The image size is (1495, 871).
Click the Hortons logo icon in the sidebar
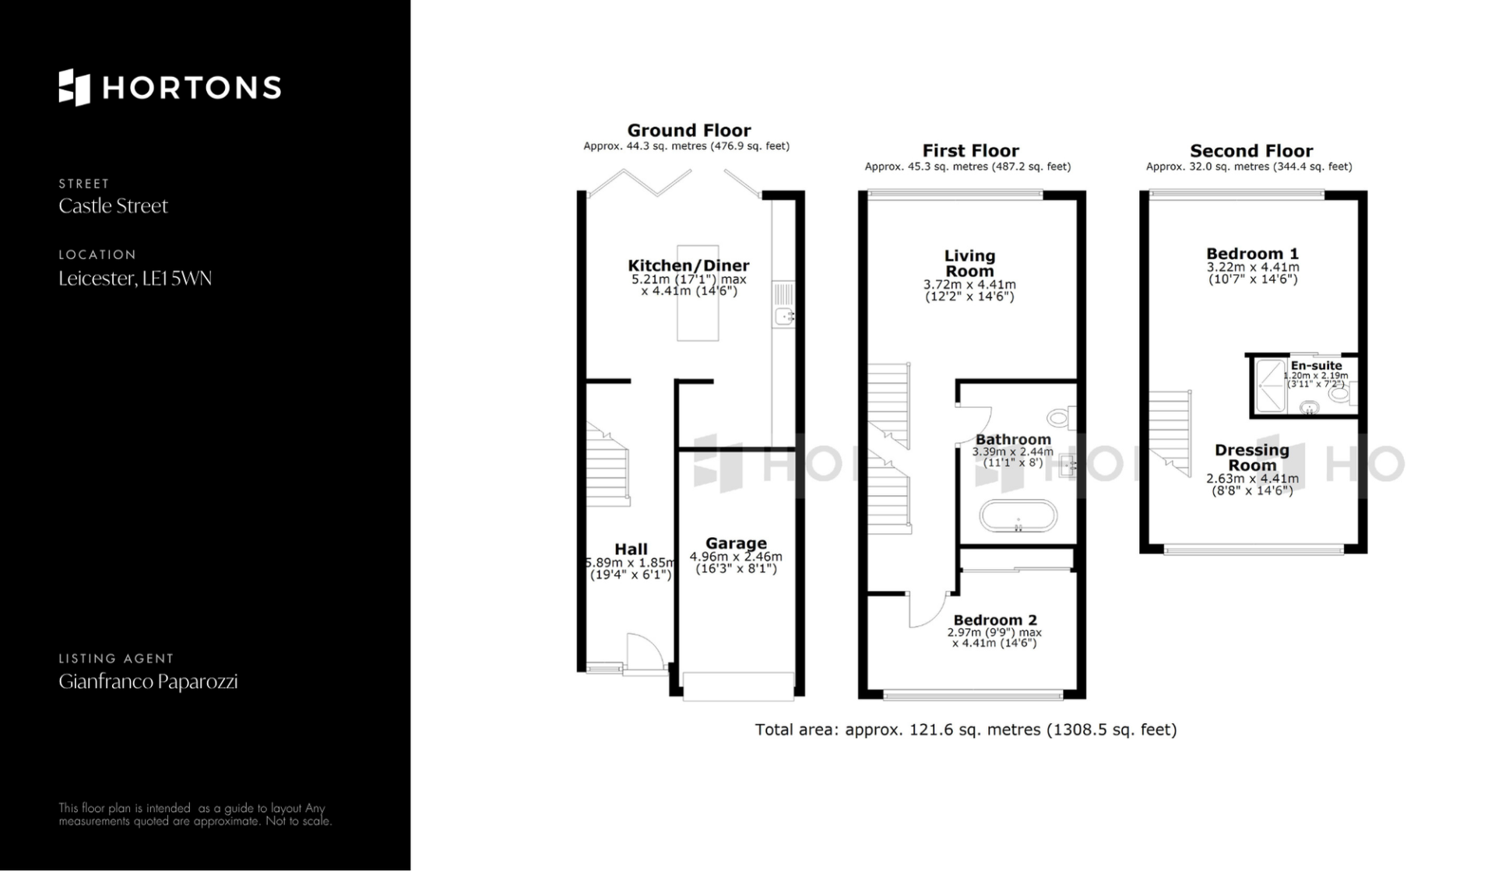[75, 87]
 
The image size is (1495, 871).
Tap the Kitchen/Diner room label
[688, 265]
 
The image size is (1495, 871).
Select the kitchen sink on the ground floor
[783, 304]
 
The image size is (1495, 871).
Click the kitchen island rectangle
[698, 293]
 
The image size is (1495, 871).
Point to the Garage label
[736, 543]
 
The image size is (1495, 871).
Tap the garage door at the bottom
[738, 686]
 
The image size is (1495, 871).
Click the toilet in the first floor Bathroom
[1061, 418]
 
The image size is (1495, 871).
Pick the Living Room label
[969, 263]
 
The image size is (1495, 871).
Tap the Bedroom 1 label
[1252, 254]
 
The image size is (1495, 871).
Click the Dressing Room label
[1252, 458]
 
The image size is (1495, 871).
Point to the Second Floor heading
[1251, 151]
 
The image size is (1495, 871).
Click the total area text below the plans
[966, 729]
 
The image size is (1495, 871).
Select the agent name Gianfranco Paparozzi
[148, 682]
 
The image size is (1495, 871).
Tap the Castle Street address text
[114, 206]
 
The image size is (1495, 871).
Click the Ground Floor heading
[689, 131]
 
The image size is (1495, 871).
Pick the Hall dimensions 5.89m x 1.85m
[630, 563]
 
